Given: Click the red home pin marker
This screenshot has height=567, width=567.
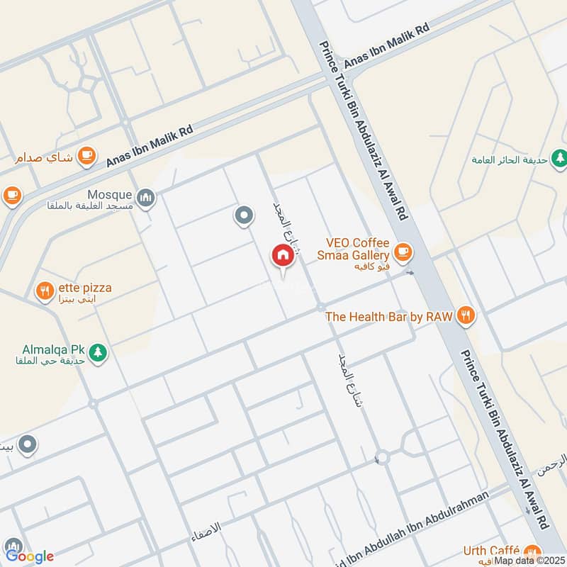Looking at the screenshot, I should click(282, 256).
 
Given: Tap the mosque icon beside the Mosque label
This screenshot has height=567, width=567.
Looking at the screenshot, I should click(146, 196).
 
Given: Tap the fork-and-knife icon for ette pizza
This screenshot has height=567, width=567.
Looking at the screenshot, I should click(45, 290).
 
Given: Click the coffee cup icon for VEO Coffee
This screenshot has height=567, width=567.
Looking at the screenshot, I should click(403, 250).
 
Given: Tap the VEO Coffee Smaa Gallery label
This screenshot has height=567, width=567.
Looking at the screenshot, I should click(357, 249).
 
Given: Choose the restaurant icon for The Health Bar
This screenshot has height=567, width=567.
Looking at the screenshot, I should click(466, 316).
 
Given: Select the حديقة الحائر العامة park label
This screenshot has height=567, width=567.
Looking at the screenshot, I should click(510, 160).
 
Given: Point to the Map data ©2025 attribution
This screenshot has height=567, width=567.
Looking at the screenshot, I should click(528, 560).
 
